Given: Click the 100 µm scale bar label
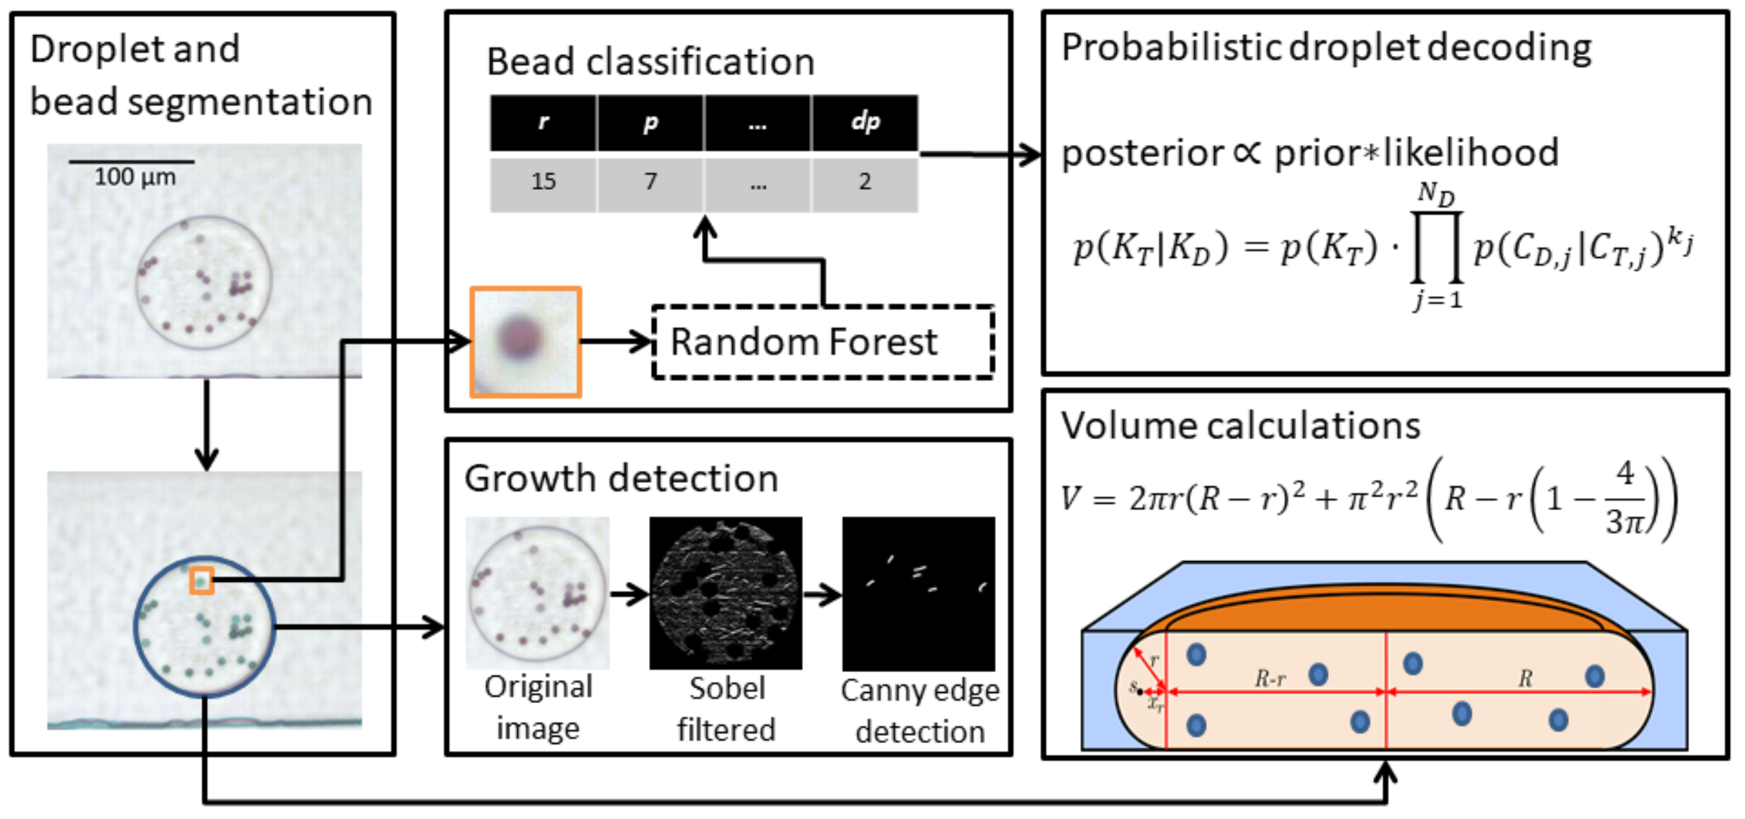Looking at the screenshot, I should tap(135, 176).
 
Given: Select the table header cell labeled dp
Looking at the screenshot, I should tap(865, 123).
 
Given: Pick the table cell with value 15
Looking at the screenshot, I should tap(543, 181).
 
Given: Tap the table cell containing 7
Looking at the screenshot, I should tap(650, 181).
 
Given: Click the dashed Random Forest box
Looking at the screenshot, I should tap(822, 342).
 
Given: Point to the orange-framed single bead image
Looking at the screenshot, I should tap(525, 342).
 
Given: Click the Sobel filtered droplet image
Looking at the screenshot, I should tap(725, 593).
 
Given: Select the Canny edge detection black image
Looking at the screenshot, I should tap(918, 593).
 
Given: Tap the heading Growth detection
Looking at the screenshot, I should tap(620, 478).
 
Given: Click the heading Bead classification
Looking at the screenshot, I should tap(650, 62).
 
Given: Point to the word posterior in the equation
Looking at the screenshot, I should tap(1142, 153).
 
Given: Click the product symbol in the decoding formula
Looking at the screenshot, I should tap(1436, 247).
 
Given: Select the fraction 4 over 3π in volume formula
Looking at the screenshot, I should tap(1625, 498).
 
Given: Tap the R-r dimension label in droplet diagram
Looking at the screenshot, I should tap(1269, 678).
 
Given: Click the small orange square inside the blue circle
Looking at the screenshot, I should tap(201, 580).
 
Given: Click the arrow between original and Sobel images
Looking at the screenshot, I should tap(628, 593).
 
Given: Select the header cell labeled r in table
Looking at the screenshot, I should tap(543, 123).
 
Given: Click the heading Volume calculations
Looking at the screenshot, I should tap(1240, 426).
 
